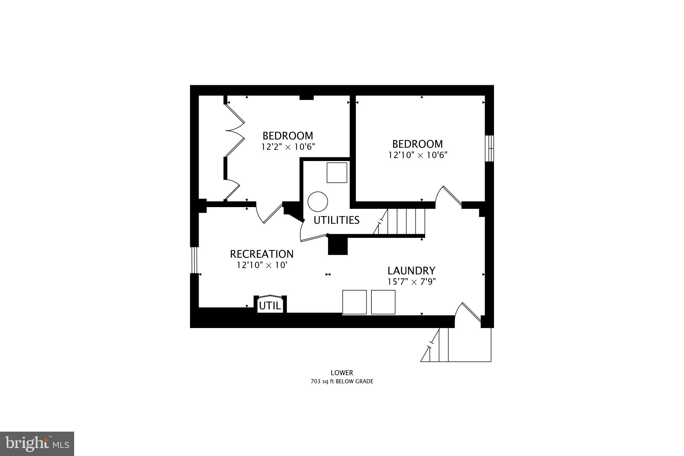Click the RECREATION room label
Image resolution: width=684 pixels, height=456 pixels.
tap(262, 254)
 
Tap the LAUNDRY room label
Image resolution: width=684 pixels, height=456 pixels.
tap(411, 271)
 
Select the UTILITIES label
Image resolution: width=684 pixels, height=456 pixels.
tap(336, 220)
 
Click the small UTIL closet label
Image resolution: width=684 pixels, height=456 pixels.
tap(270, 306)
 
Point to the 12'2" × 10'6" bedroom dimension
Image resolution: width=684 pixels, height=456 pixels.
tap(288, 147)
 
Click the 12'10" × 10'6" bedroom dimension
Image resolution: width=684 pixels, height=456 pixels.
tap(417, 155)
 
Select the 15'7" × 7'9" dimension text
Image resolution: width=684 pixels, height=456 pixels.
tap(411, 282)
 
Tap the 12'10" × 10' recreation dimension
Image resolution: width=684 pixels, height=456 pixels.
tap(262, 265)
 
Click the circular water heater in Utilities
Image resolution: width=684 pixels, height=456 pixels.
tap(318, 201)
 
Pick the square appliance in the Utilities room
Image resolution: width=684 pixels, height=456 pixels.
tap(337, 173)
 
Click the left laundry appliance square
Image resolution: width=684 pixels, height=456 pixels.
tap(354, 302)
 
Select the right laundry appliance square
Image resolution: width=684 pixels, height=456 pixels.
tap(383, 302)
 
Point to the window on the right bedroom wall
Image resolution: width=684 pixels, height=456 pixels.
tap(490, 148)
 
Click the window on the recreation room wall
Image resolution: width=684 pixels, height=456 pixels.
tap(194, 260)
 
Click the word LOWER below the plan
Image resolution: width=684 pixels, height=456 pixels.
tap(342, 373)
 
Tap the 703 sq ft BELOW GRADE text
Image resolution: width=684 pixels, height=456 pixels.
tap(342, 382)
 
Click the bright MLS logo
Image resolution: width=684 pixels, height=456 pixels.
tap(37, 444)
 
